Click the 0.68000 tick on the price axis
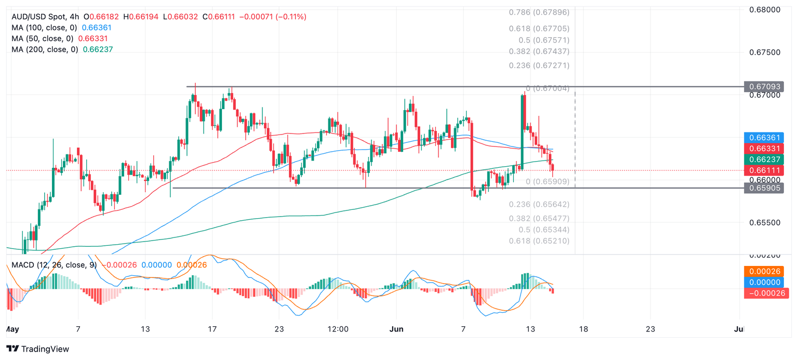765,9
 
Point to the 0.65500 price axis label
765,222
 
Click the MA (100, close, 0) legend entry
44,28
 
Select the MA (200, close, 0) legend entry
45,49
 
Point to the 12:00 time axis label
338,329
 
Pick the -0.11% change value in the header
286,17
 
